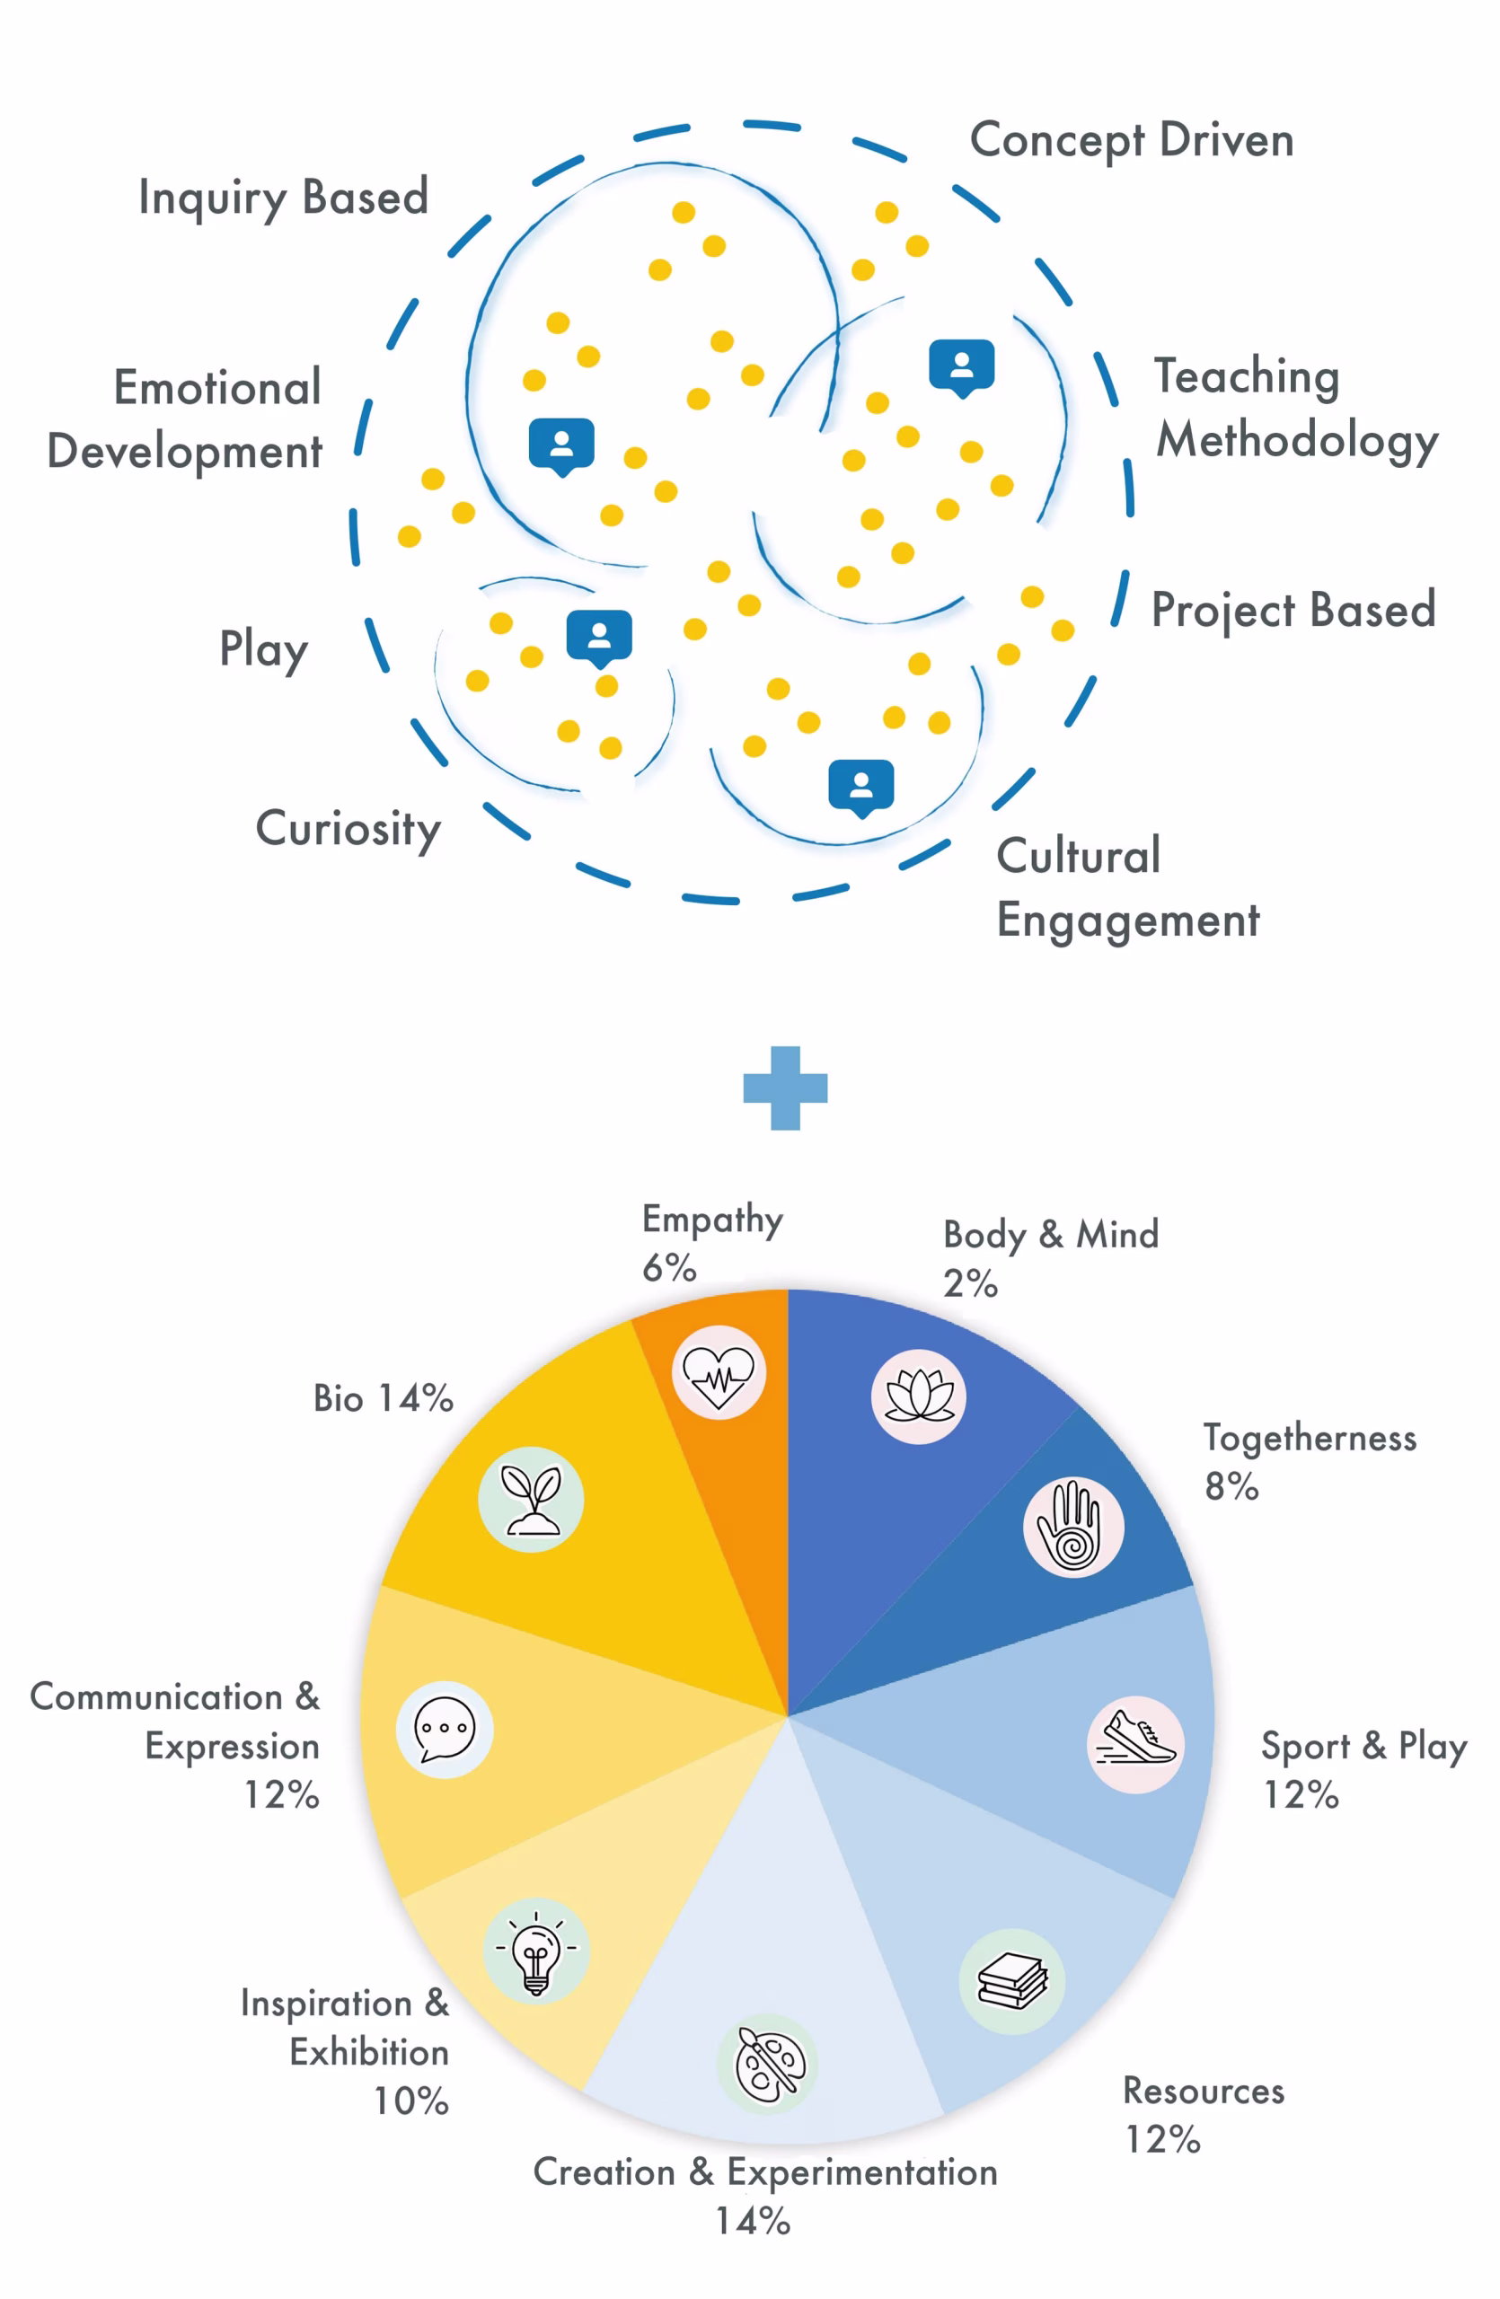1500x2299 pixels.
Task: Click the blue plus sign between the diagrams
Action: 784,1088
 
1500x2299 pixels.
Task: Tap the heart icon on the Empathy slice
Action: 719,1371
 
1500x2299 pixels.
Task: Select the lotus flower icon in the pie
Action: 919,1396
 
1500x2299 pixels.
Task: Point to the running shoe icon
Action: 1136,1745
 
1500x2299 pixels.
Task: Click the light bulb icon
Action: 536,1951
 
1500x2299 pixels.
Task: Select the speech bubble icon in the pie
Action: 445,1729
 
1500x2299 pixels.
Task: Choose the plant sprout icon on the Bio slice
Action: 531,1499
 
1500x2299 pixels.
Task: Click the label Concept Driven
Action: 1131,142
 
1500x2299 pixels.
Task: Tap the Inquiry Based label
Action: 283,199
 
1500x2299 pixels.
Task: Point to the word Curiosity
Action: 348,830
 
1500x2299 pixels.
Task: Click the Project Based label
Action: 1293,611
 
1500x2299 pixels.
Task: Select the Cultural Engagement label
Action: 1127,888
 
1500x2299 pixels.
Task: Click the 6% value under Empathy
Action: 669,1267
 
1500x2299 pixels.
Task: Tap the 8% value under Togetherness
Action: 1231,1485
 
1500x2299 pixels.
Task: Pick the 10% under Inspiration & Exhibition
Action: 411,2101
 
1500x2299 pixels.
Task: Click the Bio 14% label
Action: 384,1397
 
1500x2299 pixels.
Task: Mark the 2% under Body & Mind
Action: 970,1284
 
